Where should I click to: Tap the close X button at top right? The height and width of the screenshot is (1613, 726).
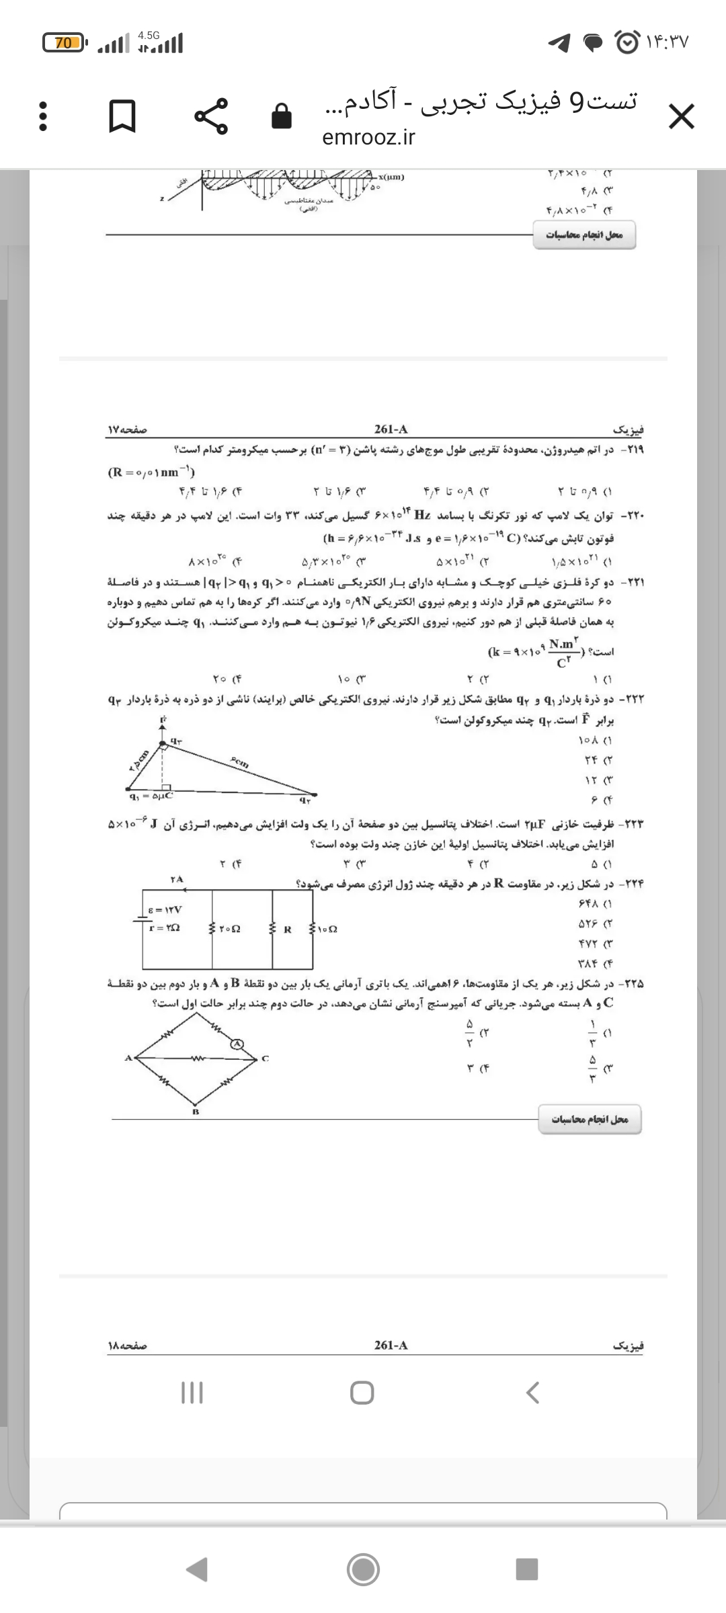pos(681,118)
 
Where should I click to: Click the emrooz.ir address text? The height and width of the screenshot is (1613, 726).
pos(368,137)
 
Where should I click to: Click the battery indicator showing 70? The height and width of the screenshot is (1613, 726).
pos(65,43)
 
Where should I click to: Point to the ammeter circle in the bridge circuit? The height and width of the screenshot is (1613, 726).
pos(236,1044)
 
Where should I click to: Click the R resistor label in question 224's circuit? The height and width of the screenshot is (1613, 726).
pos(287,930)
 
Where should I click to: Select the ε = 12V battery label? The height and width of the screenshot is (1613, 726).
pos(165,910)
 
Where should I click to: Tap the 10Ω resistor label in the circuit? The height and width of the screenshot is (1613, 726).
pos(327,929)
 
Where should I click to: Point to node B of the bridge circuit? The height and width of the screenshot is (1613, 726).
pos(196,1112)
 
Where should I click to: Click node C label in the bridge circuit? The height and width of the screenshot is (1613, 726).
pos(266,1058)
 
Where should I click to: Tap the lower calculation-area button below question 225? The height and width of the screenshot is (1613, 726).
pos(590,1119)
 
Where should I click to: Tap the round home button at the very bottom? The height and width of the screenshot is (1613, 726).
pos(363,1569)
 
